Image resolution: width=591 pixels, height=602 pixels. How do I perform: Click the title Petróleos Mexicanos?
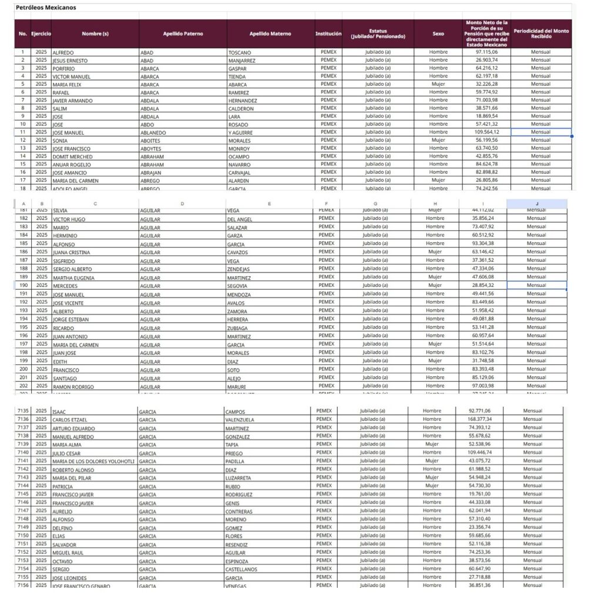(46, 8)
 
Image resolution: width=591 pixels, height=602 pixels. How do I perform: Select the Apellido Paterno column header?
(183, 34)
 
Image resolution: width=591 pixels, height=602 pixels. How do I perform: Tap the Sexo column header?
(438, 34)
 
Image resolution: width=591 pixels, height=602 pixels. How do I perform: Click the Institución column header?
(328, 34)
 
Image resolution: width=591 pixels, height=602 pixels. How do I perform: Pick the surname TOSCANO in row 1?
(240, 53)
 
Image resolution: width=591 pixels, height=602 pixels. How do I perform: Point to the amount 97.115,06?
(487, 52)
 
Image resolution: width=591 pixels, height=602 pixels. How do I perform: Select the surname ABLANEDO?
(153, 133)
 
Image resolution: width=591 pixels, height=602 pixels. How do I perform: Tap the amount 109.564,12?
(486, 132)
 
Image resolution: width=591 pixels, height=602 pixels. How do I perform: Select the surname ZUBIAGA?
(239, 328)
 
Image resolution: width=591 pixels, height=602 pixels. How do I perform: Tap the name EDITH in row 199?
(59, 362)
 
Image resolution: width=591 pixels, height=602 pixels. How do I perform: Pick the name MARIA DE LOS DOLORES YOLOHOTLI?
(93, 461)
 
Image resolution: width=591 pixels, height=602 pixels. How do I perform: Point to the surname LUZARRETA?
(240, 477)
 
